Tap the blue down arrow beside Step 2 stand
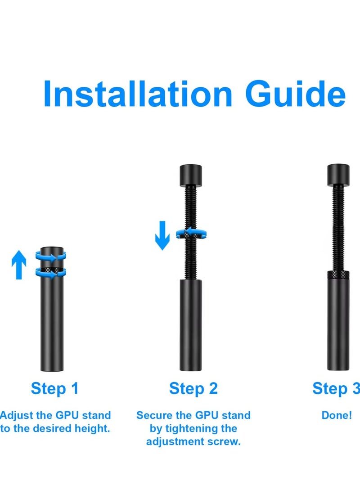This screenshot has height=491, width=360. [162, 236]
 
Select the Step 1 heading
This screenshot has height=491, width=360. [54, 388]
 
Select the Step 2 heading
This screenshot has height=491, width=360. [193, 388]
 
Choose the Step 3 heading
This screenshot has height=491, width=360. [336, 388]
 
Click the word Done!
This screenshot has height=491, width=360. [337, 415]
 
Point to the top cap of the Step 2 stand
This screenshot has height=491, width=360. [191, 174]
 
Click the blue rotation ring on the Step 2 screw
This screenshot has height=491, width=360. [191, 233]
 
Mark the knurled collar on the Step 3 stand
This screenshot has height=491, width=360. [339, 275]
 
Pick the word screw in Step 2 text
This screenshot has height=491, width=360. [224, 441]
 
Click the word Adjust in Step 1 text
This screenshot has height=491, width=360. [16, 415]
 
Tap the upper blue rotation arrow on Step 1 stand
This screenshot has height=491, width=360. [51, 258]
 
